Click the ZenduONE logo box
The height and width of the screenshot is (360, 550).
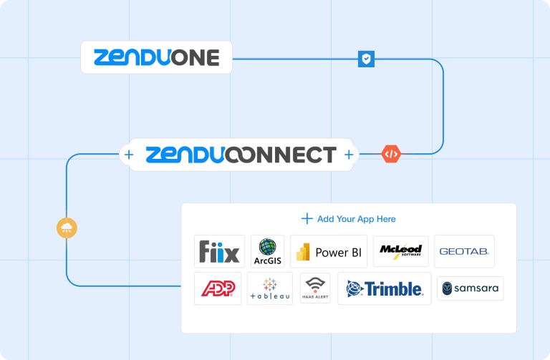(156, 57)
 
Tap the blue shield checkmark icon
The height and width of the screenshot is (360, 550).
(366, 59)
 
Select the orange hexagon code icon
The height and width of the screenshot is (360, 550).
(391, 154)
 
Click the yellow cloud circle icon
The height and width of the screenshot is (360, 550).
(67, 228)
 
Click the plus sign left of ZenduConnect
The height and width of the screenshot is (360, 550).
(129, 155)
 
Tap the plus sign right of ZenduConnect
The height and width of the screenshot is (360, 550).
(349, 155)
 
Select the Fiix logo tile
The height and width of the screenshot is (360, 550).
(220, 251)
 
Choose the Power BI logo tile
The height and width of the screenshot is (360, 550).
(329, 251)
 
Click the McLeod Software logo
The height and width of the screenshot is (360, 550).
(401, 251)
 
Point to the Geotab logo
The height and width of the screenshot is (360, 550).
(464, 251)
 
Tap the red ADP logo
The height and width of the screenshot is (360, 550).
(218, 288)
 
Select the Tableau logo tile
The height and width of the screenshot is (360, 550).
(270, 288)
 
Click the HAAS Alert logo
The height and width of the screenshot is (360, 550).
(315, 288)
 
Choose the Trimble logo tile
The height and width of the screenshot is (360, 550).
(385, 288)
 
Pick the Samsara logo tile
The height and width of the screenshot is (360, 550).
(471, 288)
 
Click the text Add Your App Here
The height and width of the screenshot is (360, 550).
(357, 219)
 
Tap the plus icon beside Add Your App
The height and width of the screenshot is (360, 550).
(307, 219)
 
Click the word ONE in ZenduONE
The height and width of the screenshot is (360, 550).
(195, 58)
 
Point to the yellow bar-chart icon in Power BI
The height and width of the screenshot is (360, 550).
(303, 252)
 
